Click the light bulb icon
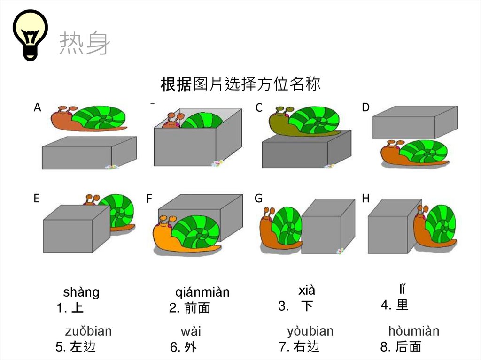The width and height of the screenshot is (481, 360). (31, 35)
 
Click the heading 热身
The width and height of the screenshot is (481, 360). (85, 45)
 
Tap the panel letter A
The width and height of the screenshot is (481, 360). (38, 107)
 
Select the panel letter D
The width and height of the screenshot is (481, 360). (365, 107)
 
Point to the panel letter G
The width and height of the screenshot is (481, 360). (258, 199)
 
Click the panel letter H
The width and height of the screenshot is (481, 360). (365, 199)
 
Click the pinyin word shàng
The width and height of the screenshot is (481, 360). (81, 292)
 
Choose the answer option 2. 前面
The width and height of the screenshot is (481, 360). (189, 308)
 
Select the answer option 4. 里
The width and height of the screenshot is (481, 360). (395, 305)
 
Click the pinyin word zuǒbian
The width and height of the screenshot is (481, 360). (88, 331)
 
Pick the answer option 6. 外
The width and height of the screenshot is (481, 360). (183, 348)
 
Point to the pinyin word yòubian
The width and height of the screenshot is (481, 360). (310, 331)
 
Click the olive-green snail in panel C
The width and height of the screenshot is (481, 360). (303, 121)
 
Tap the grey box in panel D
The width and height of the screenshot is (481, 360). (414, 123)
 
